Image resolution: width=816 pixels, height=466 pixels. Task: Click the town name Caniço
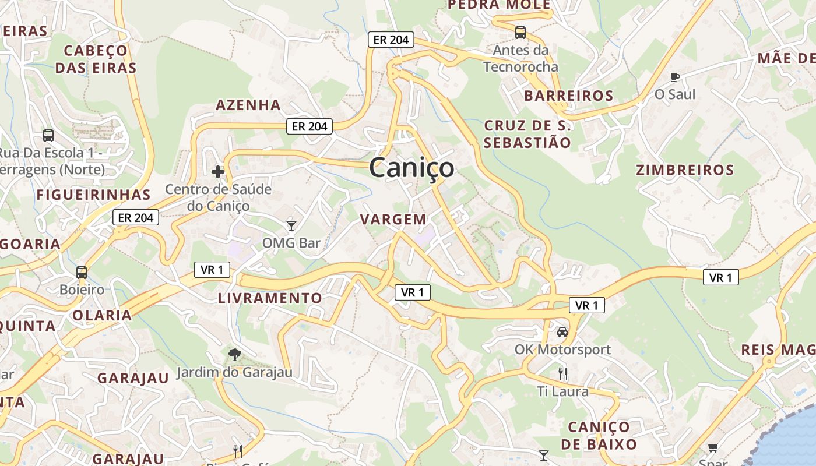(411, 168)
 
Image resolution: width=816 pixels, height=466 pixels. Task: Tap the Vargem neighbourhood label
(393, 220)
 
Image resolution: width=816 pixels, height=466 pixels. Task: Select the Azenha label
(248, 105)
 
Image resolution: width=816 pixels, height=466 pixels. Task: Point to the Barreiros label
(569, 96)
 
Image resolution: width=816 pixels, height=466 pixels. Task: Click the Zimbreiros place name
(685, 170)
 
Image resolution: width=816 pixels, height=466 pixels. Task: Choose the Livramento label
(270, 298)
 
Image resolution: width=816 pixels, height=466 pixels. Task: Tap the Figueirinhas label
(94, 195)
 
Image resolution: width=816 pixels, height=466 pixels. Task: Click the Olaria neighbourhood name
(102, 316)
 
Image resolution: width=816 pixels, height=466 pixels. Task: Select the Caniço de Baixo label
(599, 435)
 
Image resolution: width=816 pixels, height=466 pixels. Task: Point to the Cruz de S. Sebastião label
(527, 134)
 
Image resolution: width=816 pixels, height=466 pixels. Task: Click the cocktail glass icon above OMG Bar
(291, 225)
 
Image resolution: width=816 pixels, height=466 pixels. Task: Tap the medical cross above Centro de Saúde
(218, 172)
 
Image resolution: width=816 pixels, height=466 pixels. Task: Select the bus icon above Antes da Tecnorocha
(520, 33)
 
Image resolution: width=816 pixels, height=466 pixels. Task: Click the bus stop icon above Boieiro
(82, 272)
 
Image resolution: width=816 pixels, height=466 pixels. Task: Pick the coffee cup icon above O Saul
(675, 76)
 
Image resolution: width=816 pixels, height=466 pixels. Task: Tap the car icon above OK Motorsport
(562, 332)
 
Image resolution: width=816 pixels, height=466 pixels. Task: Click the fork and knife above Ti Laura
(562, 373)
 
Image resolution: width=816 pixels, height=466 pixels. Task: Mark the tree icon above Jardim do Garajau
(234, 354)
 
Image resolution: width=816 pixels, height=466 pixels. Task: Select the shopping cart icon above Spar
(713, 447)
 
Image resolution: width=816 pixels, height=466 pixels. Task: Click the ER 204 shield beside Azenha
(309, 126)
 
